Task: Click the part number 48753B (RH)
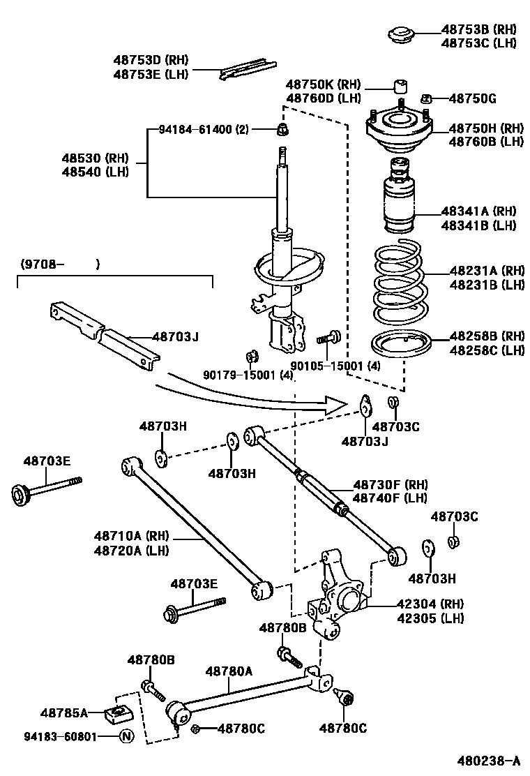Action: point(477,30)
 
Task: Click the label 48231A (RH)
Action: point(486,271)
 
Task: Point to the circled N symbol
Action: point(126,736)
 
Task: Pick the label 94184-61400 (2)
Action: point(203,129)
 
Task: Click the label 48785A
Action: point(63,713)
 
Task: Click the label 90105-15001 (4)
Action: point(335,366)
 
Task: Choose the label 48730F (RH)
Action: point(390,484)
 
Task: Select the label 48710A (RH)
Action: point(128,536)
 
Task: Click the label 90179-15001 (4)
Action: point(248,375)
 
